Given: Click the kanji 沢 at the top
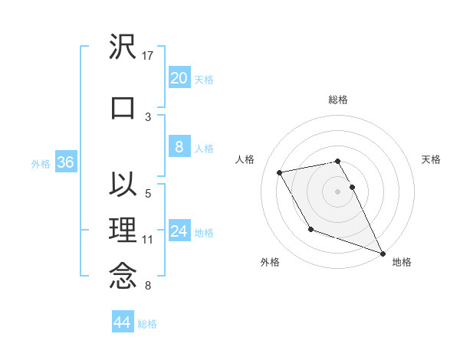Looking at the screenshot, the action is pos(123,48).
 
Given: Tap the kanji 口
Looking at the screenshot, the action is pos(123,107).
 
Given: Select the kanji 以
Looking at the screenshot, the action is pos(123,185).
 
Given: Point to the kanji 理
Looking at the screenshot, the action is pos(123,231).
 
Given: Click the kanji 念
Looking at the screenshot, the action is pos(123,277).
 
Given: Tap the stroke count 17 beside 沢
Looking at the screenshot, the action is pos(149,55).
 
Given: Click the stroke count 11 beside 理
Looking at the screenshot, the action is pos(149,240).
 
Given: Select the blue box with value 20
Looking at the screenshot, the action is pos(179,77).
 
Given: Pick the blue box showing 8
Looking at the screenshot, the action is pos(179,147).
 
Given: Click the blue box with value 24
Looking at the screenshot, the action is pos(179,231).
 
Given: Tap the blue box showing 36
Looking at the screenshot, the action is pos(65,162).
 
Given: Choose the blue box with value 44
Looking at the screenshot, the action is pos(122,322).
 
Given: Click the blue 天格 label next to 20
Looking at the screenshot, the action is pos(204,79).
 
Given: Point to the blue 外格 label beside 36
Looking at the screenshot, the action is pos(41,163).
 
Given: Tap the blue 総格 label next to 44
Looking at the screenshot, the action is pos(147,324).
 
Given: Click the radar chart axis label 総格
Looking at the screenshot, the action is pos(338,100).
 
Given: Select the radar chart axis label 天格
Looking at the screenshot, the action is pos(431,159).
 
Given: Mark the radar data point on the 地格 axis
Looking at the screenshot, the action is pos(383,254).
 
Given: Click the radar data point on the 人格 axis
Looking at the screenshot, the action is pos(280,172).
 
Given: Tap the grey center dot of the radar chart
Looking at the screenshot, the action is pos(338,191).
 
